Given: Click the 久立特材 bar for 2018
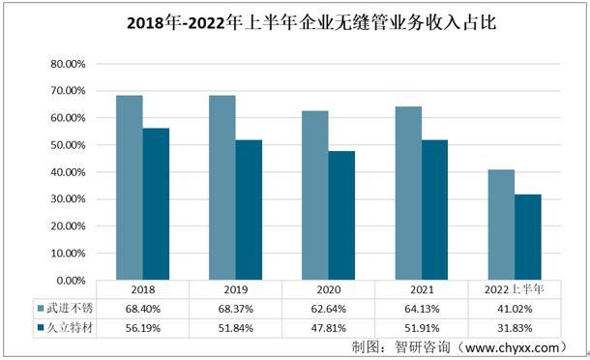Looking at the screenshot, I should pyautogui.click(x=156, y=204).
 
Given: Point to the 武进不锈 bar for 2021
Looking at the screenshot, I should pyautogui.click(x=407, y=194).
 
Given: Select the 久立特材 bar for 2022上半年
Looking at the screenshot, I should pyautogui.click(x=527, y=237).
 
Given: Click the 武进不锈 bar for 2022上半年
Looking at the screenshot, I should pyautogui.click(x=500, y=225).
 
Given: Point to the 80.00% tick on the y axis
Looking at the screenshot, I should pyautogui.click(x=68, y=64).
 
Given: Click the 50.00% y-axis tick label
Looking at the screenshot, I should pyautogui.click(x=68, y=145).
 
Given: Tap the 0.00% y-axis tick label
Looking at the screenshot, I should pyautogui.click(x=71, y=281).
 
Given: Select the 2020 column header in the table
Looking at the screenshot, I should pyautogui.click(x=328, y=289).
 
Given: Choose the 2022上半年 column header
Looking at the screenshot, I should pyautogui.click(x=514, y=289).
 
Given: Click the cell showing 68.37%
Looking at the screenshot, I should pyautogui.click(x=235, y=307).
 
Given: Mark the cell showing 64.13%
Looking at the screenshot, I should pyautogui.click(x=421, y=307).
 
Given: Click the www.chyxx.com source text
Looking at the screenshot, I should pyautogui.click(x=513, y=346).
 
